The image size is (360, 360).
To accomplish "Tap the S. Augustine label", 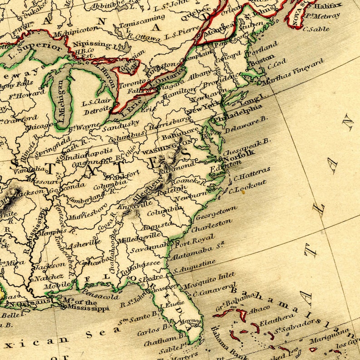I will click(195, 266).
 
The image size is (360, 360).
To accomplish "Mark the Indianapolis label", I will click(88, 155).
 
